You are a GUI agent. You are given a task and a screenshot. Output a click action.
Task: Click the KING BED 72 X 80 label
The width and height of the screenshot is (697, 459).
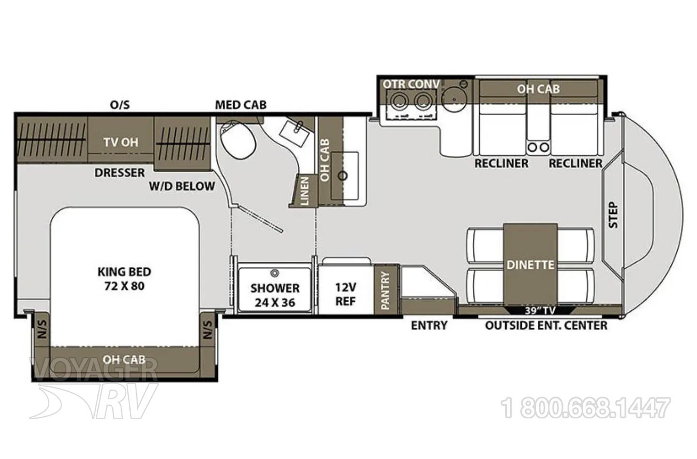click(x=124, y=279)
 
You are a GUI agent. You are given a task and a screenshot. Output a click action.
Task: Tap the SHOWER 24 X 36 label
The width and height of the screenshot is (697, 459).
click(x=275, y=295)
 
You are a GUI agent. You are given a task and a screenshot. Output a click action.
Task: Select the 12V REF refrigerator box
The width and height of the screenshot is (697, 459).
click(x=346, y=289)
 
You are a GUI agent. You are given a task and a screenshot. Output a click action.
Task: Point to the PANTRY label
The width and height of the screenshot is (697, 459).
click(x=385, y=291)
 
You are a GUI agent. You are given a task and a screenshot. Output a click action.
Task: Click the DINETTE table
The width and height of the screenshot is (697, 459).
click(x=530, y=264)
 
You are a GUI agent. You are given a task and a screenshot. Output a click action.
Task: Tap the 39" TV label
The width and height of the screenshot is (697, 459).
click(x=540, y=310)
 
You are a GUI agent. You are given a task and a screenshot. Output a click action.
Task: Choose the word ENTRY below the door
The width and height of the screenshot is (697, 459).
click(x=429, y=325)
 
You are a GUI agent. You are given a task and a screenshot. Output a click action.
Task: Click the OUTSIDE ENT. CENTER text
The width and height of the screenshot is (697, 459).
click(x=546, y=325)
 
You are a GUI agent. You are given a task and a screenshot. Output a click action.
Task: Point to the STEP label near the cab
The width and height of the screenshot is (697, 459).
click(x=613, y=215)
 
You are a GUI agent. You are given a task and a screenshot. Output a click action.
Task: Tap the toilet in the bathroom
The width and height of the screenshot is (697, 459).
click(x=238, y=138)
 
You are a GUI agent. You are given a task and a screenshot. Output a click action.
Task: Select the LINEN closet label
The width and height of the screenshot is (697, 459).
click(x=304, y=191)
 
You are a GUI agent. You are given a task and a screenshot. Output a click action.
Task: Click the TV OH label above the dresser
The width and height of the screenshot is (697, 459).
click(x=121, y=142)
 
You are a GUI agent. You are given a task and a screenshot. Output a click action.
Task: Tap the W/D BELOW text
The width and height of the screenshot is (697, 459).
click(x=182, y=186)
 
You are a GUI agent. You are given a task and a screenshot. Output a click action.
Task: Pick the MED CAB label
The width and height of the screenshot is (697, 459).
click(x=241, y=105)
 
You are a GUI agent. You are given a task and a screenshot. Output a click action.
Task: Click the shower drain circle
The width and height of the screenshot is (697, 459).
click(x=274, y=273)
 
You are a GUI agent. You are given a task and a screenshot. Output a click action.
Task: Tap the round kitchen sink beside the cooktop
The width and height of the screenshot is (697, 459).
click(x=455, y=98)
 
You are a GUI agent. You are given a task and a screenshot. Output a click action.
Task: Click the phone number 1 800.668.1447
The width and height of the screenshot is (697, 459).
click(x=585, y=408)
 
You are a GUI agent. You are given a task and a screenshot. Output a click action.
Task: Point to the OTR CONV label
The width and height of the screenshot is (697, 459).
click(x=411, y=84)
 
